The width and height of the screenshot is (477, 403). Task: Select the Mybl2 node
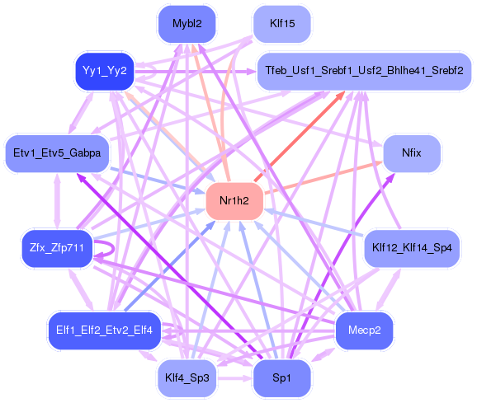click(187, 24)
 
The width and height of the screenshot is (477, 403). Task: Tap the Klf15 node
click(282, 24)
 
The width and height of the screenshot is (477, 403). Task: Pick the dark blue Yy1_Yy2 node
click(104, 71)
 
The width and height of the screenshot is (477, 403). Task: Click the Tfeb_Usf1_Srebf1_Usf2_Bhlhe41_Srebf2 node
click(364, 72)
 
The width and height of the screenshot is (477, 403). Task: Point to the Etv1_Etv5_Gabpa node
click(57, 153)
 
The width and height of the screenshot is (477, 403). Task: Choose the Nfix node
click(411, 153)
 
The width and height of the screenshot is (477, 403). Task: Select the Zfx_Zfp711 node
click(57, 248)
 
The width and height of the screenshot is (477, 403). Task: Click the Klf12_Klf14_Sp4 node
click(411, 248)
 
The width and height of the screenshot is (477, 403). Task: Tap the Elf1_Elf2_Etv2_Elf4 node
click(104, 330)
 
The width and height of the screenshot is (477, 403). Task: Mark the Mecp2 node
click(364, 330)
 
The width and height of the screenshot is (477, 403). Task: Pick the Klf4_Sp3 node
click(187, 377)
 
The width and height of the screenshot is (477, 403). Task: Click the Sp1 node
click(282, 377)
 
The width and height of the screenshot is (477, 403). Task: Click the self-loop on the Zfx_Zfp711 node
click(106, 249)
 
